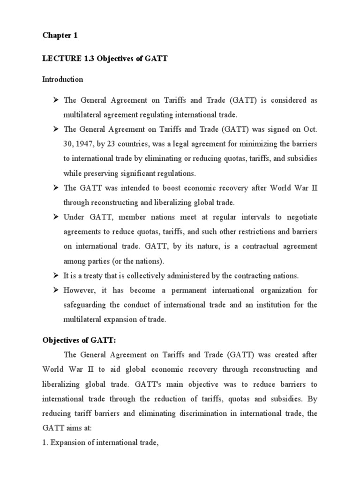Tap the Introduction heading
click(63, 79)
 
